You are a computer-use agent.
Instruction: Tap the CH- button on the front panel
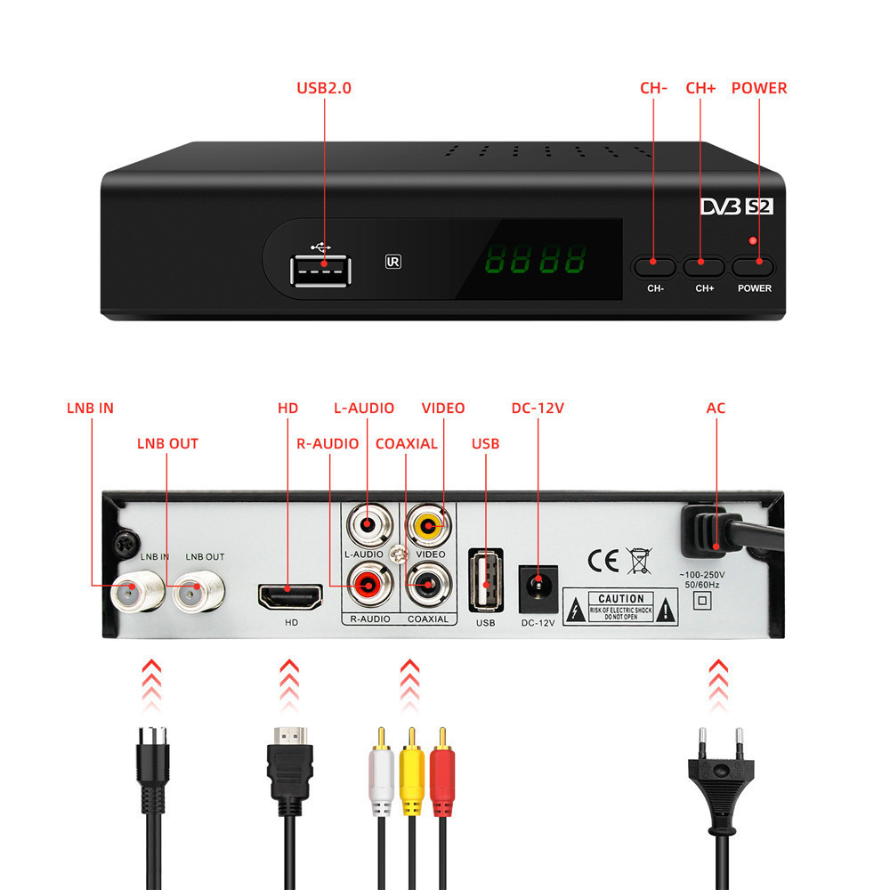(x=654, y=264)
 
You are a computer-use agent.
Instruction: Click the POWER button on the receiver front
(x=755, y=264)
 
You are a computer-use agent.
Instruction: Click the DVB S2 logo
(x=733, y=206)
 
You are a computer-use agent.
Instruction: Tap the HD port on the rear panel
(x=291, y=595)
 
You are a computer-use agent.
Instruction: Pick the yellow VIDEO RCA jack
(x=428, y=528)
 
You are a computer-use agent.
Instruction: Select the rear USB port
(x=485, y=584)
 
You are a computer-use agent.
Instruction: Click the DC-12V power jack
(x=538, y=585)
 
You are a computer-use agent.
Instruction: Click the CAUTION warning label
(x=620, y=610)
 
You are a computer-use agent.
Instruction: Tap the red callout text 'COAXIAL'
(x=406, y=443)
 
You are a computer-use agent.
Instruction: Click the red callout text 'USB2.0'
(x=323, y=88)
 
